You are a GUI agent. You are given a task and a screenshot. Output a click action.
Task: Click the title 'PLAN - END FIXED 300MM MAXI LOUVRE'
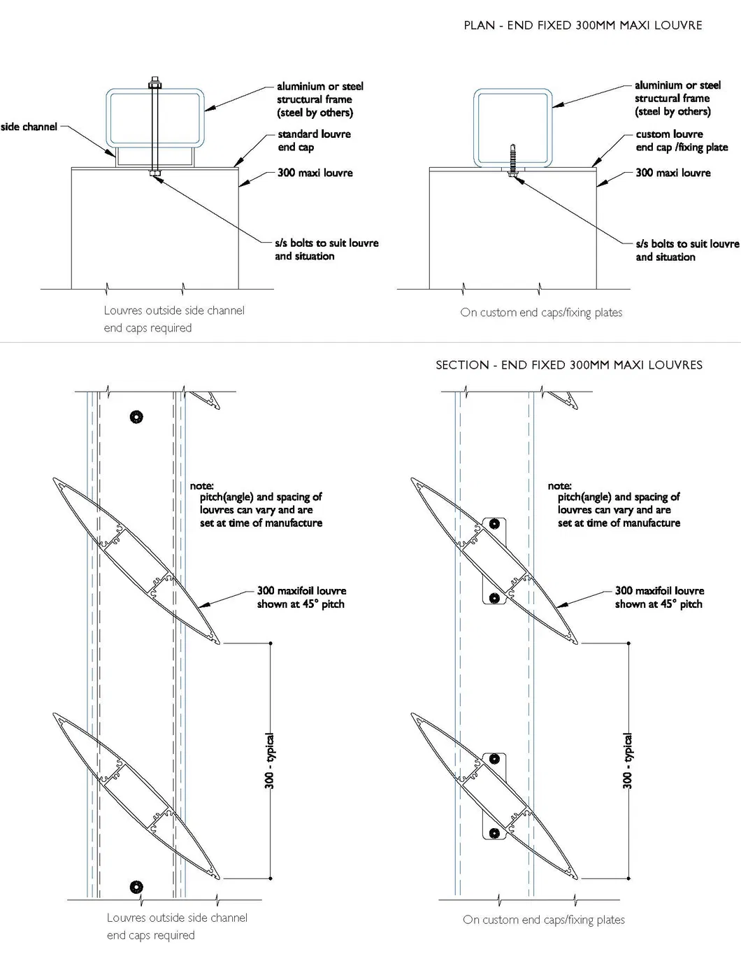coord(582,25)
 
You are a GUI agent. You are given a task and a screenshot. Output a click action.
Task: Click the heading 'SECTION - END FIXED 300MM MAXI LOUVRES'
coord(568,364)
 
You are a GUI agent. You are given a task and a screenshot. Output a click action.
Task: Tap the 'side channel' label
coord(29,127)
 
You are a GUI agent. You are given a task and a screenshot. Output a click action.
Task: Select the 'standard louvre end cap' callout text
coord(314,141)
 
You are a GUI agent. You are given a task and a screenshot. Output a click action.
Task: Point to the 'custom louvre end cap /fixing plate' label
coord(681,141)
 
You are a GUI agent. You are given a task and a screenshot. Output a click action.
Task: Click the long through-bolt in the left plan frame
coord(154,126)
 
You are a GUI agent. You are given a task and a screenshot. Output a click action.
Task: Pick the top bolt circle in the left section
coord(136,418)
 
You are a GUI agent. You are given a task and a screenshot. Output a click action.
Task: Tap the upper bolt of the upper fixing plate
coord(494,523)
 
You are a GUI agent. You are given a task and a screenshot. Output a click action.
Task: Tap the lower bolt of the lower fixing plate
coord(494,833)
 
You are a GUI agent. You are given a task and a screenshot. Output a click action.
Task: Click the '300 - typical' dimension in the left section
coord(270,761)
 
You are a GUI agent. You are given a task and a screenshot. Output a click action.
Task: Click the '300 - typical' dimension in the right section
coord(628,761)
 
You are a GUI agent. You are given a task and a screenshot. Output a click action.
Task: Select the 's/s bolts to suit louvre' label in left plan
coord(326,250)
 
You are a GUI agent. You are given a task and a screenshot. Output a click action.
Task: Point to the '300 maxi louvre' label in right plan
coord(672,173)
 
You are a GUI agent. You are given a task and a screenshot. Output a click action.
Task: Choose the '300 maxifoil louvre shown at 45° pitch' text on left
coord(301,597)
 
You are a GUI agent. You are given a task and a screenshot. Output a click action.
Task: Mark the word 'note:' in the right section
coord(559,485)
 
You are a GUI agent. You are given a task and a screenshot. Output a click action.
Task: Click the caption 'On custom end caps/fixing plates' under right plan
coord(541,313)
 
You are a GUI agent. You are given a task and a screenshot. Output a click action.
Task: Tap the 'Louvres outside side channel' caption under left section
coord(177,918)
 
